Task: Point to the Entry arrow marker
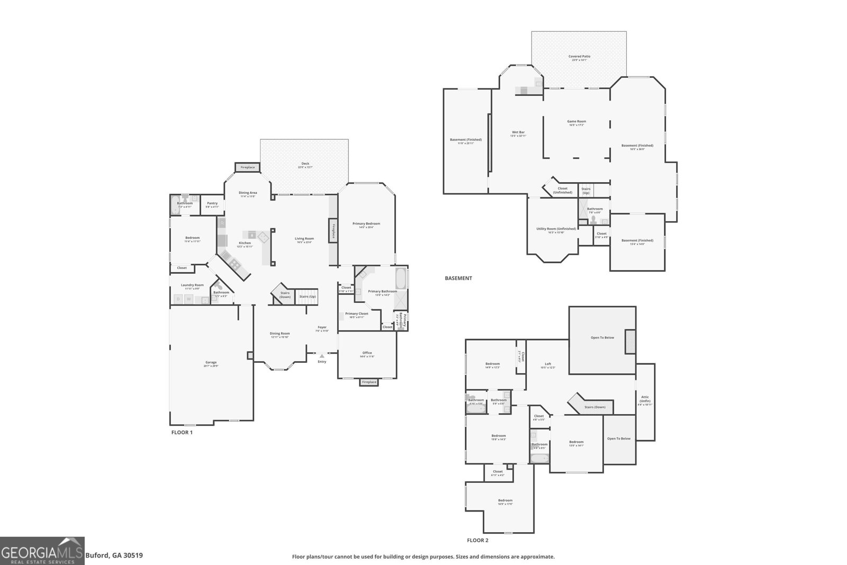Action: click(322, 356)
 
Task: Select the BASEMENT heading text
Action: click(458, 278)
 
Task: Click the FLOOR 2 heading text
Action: click(477, 540)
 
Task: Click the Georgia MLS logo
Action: click(42, 551)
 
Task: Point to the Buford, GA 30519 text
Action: click(114, 555)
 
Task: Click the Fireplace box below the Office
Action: click(369, 382)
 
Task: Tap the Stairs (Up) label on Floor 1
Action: click(308, 297)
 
